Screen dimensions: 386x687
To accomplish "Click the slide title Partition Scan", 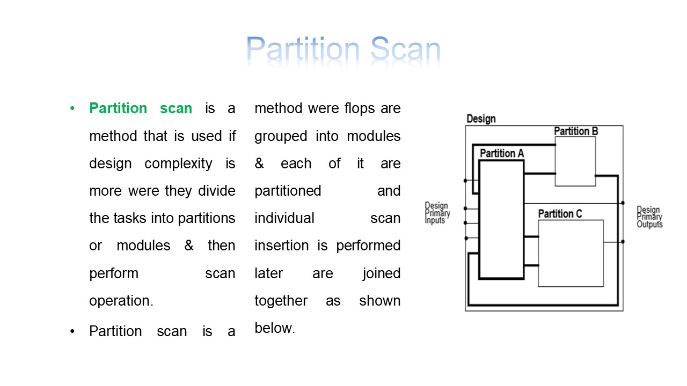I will tap(343, 51).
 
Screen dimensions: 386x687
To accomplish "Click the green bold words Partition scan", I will tap(141, 108).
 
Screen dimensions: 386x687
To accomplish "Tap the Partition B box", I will tap(575, 161).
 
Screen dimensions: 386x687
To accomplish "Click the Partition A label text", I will tap(502, 153).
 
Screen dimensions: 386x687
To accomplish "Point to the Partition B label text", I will tap(576, 131).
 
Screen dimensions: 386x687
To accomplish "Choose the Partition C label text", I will tap(560, 214).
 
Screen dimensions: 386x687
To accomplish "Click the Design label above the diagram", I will tap(481, 119).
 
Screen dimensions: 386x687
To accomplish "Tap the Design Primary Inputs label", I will tap(437, 213).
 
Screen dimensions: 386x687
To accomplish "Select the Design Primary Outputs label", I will tap(649, 217).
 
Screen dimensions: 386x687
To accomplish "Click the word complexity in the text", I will tap(178, 164).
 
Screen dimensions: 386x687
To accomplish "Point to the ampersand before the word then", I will tap(188, 246).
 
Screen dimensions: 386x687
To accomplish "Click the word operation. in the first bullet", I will tap(121, 301).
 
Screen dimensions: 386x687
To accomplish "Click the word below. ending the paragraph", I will tap(275, 328).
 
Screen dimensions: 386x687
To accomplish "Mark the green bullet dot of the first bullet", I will tap(72, 109).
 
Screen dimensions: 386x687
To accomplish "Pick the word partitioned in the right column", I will tap(288, 191).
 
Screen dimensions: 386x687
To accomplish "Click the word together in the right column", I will tap(281, 301).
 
